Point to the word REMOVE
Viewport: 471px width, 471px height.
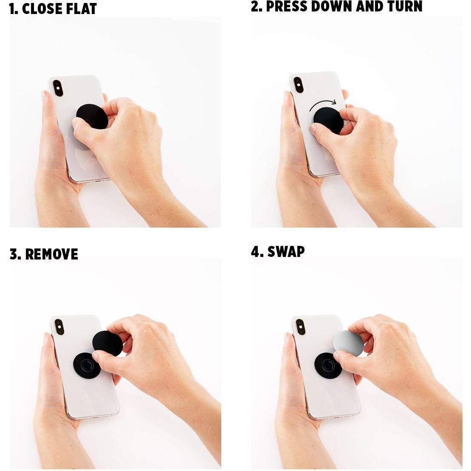(52, 254)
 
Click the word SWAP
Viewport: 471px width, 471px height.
(286, 251)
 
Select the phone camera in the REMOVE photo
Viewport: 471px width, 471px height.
(59, 327)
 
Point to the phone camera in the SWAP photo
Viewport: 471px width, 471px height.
(300, 327)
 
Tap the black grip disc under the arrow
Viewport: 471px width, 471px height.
(328, 121)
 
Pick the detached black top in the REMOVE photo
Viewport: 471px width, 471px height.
(107, 343)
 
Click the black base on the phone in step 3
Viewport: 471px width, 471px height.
(87, 365)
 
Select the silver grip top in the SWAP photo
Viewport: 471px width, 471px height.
(348, 343)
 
